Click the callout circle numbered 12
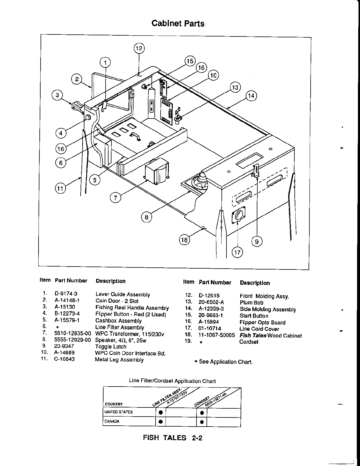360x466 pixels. click(x=139, y=48)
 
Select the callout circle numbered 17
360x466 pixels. click(x=237, y=252)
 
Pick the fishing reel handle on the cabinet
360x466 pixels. click(x=77, y=106)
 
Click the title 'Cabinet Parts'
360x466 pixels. click(x=178, y=23)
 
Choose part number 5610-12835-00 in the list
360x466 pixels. click(x=73, y=334)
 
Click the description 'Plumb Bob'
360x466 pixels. click(x=251, y=302)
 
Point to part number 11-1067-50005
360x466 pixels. click(x=217, y=335)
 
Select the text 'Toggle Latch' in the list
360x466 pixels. click(x=111, y=347)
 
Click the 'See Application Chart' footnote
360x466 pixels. click(x=224, y=362)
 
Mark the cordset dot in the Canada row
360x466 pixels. click(x=201, y=422)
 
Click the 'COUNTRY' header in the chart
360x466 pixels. click(x=114, y=404)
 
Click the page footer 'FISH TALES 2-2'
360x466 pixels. click(x=173, y=438)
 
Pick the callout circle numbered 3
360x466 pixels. click(x=57, y=95)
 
